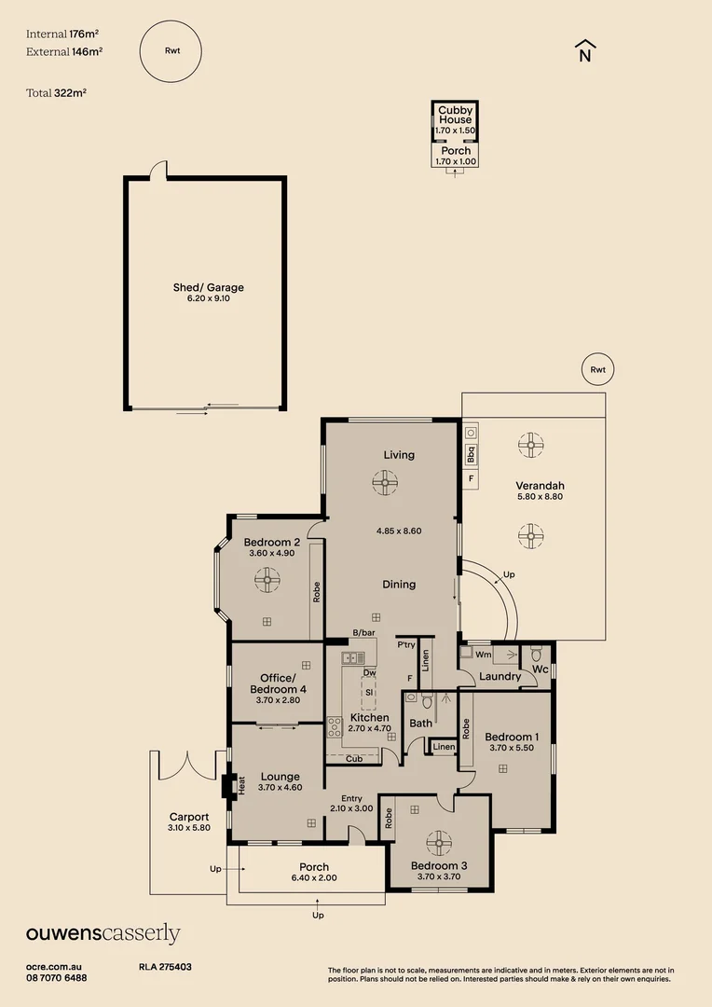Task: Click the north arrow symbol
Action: (x=584, y=50)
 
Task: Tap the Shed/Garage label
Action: (x=208, y=287)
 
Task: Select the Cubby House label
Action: (x=455, y=115)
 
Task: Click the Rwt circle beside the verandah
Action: (x=597, y=370)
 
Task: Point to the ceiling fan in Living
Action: (x=385, y=482)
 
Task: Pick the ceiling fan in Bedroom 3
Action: (x=439, y=842)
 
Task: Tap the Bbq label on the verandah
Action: (x=471, y=454)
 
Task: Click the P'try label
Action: (x=406, y=644)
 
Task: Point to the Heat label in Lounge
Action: (x=241, y=787)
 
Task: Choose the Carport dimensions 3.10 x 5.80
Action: (x=189, y=827)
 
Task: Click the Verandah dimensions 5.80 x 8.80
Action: (x=540, y=497)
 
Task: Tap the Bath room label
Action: (x=420, y=723)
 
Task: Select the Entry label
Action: (x=351, y=797)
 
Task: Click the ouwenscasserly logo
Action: (x=103, y=933)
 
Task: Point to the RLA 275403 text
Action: (x=165, y=968)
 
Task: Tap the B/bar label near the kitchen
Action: (x=363, y=633)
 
